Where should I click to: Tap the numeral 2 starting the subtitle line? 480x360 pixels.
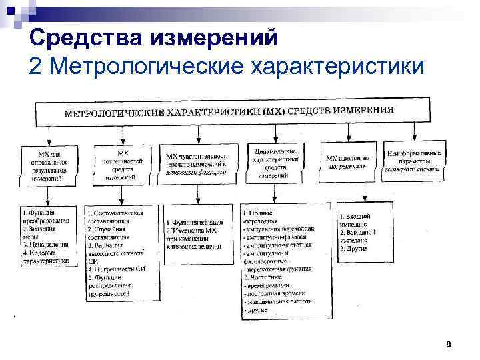(37, 66)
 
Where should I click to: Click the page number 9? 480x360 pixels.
(448, 344)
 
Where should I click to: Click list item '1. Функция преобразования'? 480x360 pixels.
(44, 217)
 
